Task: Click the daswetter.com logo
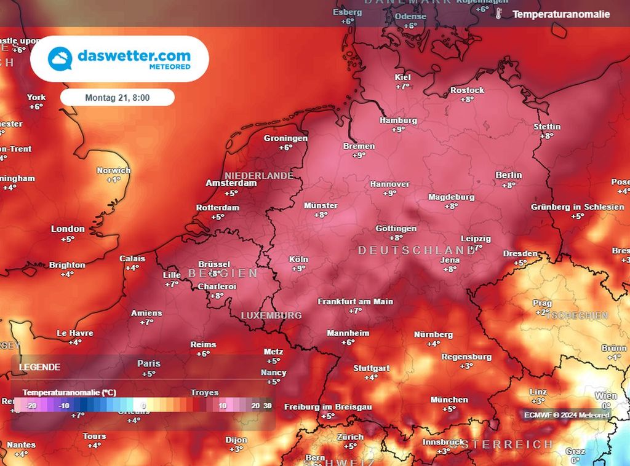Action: point(119,58)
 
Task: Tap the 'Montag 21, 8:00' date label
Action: point(118,97)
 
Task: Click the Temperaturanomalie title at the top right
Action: point(561,14)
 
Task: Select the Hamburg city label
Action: point(398,120)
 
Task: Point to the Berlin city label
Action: point(509,175)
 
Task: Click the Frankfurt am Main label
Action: point(355,301)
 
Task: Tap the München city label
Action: point(449,400)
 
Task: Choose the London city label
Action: point(68,229)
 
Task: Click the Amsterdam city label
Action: point(231,183)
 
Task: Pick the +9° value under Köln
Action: point(299,269)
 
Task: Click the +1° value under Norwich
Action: point(113,180)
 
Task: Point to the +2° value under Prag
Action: point(542,312)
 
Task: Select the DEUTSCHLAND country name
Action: point(417,250)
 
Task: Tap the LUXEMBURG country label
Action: point(271,315)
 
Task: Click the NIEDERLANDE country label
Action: point(258,175)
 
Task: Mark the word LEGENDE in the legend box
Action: point(40,367)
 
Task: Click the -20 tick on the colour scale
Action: point(31,406)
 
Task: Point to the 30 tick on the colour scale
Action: point(267,406)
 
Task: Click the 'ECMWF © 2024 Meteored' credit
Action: point(567,415)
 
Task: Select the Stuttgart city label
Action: point(371,368)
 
